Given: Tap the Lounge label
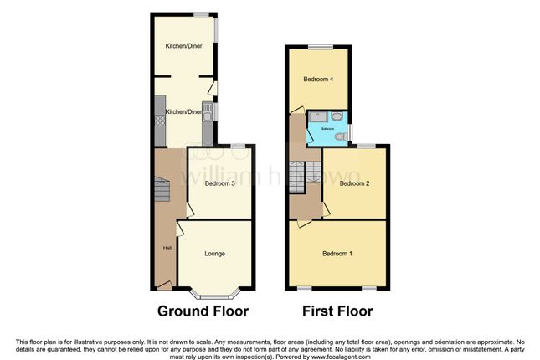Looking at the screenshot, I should (x=214, y=253).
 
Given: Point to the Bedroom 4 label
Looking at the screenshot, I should (x=318, y=80).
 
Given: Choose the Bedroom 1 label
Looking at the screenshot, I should (x=338, y=254).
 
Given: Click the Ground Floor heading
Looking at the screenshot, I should (x=203, y=311).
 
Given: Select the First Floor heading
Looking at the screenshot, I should (x=337, y=311).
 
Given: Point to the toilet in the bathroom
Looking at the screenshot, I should (x=341, y=136).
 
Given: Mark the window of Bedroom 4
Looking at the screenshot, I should (x=318, y=46).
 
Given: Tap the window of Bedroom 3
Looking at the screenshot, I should (x=239, y=147).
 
